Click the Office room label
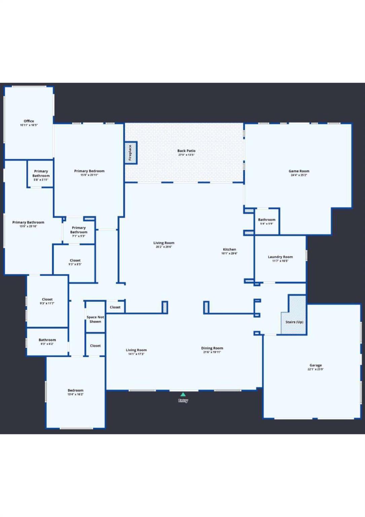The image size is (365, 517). pos(29,121)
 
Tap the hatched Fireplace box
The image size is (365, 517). pos(131,153)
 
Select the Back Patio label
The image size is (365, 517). pos(186,151)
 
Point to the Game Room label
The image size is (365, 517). pos(299,171)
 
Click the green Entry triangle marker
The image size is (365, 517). pos(183,394)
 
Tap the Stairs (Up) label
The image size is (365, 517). pos(294,322)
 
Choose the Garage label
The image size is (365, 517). pos(316,365)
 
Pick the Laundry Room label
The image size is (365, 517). pos(280,257)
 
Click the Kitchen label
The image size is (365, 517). pos(229,249)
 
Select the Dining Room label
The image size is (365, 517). pos(212,348)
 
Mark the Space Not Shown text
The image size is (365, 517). pos(95,319)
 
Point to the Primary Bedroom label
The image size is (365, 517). pos(89,171)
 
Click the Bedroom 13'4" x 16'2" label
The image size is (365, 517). pos(75,392)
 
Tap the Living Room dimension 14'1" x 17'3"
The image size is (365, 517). pos(136,354)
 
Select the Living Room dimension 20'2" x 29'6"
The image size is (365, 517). pos(164,247)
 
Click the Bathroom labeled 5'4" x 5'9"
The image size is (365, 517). pos(266,221)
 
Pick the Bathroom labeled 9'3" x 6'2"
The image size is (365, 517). pos(47,342)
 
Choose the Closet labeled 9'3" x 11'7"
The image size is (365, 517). pos(47,301)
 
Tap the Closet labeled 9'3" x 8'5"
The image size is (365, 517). pos(75,262)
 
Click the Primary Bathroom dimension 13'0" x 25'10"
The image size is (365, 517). pos(28,227)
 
